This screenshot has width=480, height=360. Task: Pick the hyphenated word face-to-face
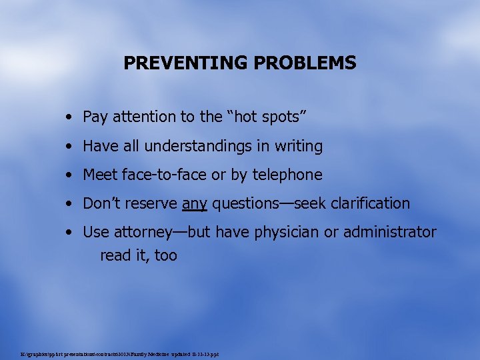[x=165, y=175]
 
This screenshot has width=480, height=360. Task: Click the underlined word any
[x=195, y=204]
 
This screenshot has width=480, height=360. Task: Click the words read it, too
[x=139, y=255]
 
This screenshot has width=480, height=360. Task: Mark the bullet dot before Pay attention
[x=70, y=118]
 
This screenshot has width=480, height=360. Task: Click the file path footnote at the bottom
[x=120, y=353]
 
